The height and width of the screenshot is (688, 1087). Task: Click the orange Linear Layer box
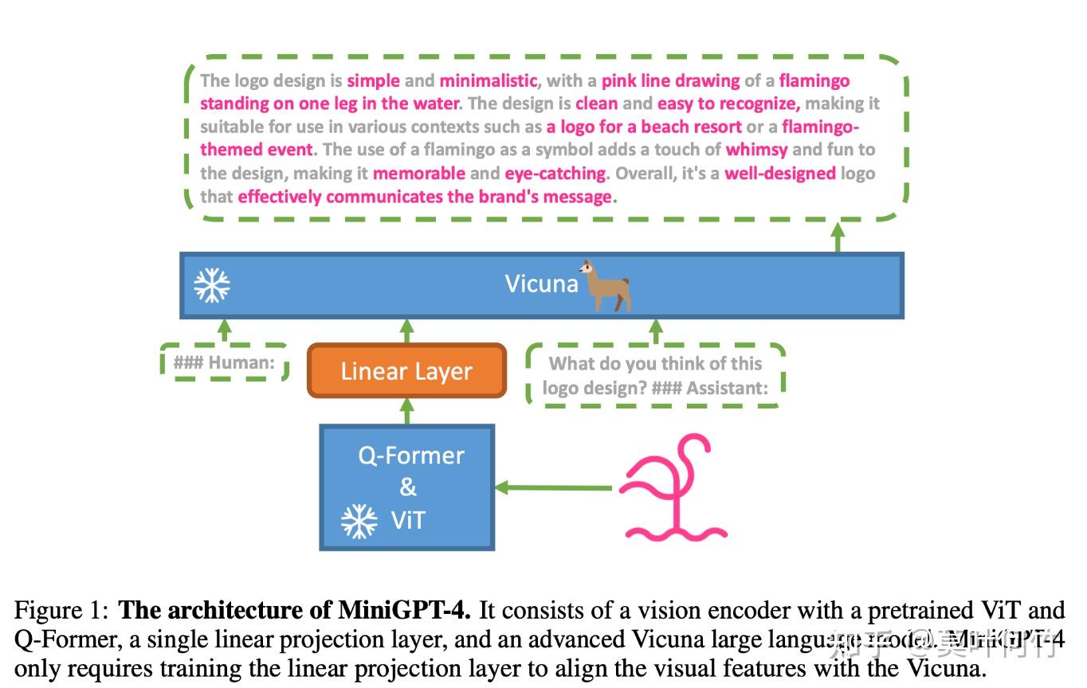tap(406, 370)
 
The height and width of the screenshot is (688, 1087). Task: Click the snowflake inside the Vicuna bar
tap(212, 285)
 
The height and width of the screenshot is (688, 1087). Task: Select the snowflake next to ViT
tap(359, 521)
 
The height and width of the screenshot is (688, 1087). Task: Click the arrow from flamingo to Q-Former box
tap(554, 487)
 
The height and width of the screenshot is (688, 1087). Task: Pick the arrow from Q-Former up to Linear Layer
tap(407, 411)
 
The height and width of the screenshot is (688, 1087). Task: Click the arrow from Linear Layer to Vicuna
tap(407, 331)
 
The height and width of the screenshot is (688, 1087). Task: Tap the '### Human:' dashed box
tap(224, 363)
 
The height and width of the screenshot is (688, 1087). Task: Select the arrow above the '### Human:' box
tap(225, 330)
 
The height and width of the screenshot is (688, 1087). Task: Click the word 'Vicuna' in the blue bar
tap(541, 283)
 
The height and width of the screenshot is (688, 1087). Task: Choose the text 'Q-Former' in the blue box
tap(410, 455)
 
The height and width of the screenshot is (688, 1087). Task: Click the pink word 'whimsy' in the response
tap(756, 150)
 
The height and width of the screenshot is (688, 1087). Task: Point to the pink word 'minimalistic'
tap(488, 80)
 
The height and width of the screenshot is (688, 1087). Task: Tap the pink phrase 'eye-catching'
tap(555, 173)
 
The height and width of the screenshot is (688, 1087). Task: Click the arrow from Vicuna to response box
tap(838, 238)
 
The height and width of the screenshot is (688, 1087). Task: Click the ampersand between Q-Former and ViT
tap(407, 487)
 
